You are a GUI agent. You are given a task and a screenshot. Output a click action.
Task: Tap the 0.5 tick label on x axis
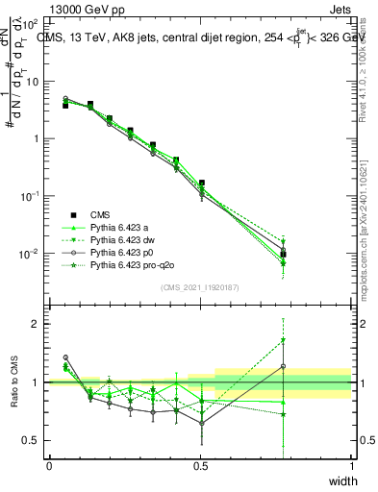(200, 466)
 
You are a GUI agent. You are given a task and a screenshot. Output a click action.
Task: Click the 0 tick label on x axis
(49, 466)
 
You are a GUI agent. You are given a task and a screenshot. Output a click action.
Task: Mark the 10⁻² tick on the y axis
(31, 254)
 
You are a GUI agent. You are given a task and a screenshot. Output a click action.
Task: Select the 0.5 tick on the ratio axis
(32, 440)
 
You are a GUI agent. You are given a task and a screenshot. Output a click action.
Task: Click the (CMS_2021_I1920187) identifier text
(200, 287)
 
